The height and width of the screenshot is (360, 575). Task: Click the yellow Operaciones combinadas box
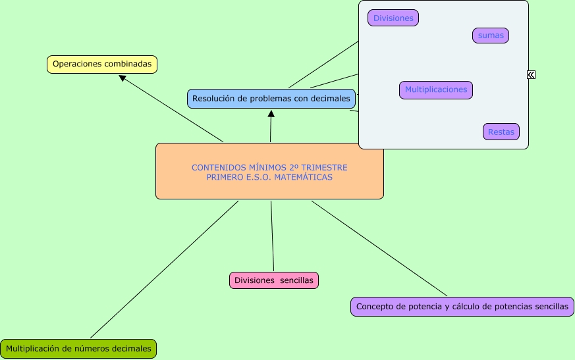102,64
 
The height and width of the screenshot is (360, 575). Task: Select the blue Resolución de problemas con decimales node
271,99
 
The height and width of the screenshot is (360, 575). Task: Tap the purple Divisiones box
393,18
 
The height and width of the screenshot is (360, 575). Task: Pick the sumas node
491,36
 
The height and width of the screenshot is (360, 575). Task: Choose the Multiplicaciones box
436,90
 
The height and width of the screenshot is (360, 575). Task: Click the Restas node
501,132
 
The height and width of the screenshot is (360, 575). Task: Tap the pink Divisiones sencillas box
274,280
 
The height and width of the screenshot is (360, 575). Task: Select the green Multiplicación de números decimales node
78,349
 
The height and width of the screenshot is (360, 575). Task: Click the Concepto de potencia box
462,307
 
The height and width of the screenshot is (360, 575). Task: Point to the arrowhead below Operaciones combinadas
123,78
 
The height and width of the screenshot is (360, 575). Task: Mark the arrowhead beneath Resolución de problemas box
271,114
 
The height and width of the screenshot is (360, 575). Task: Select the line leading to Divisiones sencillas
273,236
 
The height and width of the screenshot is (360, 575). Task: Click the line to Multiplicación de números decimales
164,269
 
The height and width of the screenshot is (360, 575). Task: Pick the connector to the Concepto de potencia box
379,248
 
